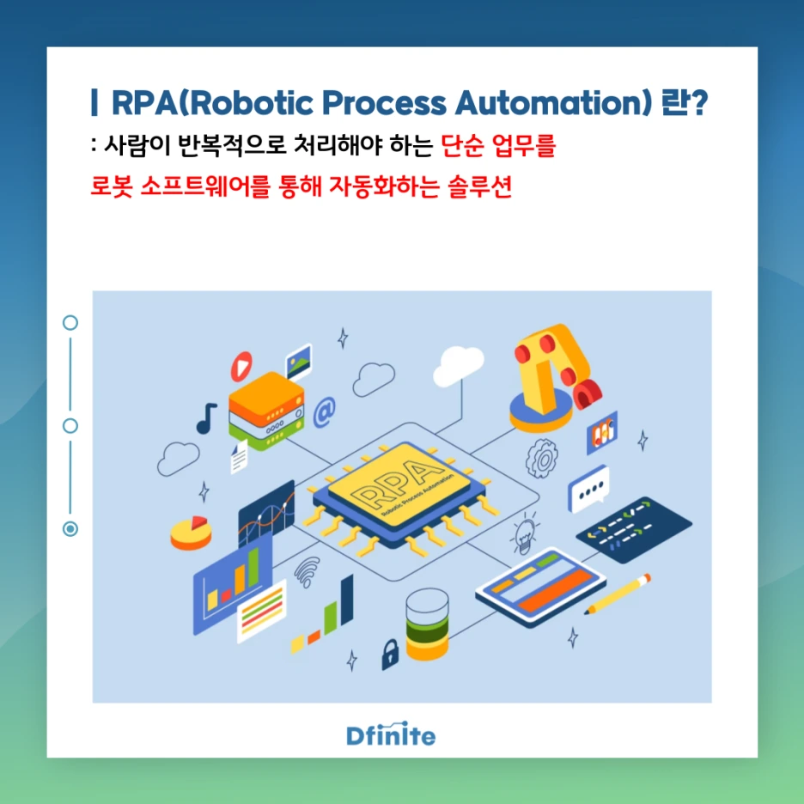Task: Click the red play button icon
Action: point(241,366)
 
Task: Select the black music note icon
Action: point(206,418)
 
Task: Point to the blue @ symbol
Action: point(324,412)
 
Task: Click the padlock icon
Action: point(390,654)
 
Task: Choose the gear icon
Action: point(541,458)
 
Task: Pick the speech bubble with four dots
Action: point(588,489)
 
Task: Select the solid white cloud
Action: point(458,365)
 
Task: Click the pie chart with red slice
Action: point(191,533)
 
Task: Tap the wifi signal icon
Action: point(307,571)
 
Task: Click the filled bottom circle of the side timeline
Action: point(70,528)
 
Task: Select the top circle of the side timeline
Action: point(70,322)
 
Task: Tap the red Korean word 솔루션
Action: point(480,186)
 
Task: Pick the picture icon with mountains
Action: point(298,362)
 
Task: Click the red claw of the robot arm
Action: point(587,393)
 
